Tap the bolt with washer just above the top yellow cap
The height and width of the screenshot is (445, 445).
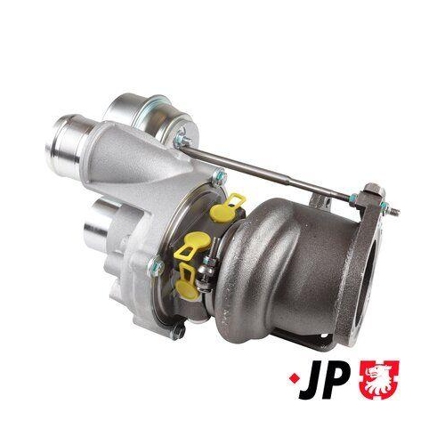click(x=216, y=181)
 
